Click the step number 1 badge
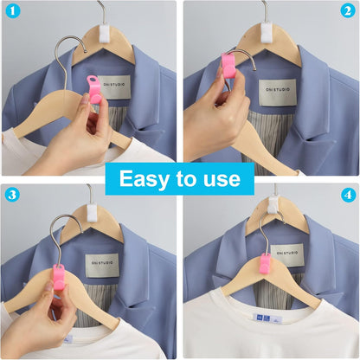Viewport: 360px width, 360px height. [12, 12]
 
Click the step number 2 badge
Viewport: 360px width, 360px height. [347, 12]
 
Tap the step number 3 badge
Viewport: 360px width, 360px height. [12, 195]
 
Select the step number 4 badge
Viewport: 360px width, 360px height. [347, 195]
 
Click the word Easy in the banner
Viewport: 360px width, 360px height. [146, 179]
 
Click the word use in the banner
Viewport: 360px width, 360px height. [222, 179]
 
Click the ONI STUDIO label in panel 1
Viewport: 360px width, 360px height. [112, 86]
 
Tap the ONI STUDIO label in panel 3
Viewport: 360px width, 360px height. [102, 264]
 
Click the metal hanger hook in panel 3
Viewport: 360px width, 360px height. [62, 227]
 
